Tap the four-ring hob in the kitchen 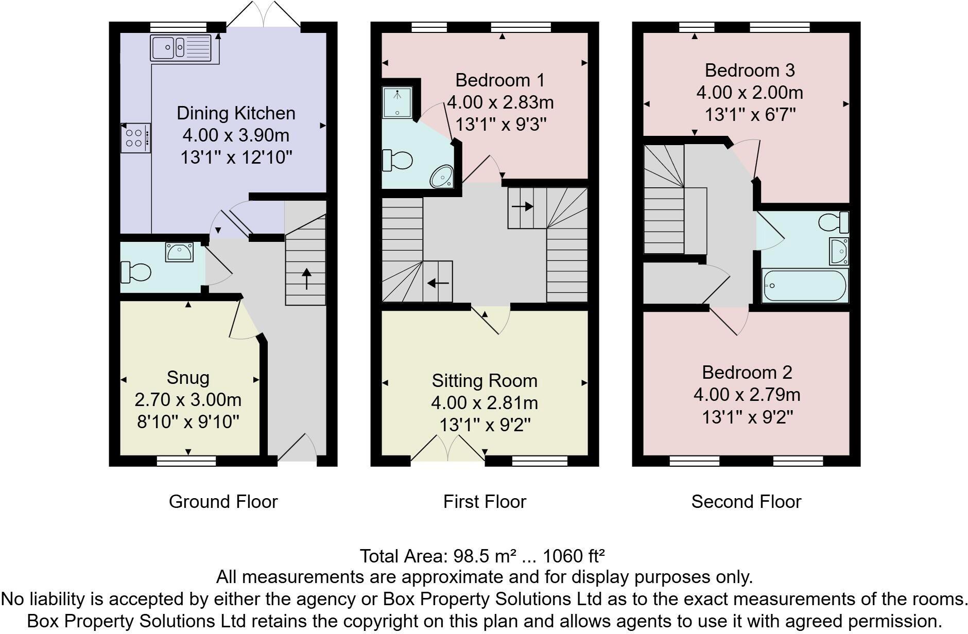[x=135, y=137]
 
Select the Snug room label [x=188, y=378]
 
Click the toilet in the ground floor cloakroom [x=135, y=272]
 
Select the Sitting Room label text [x=485, y=381]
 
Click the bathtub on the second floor [x=804, y=286]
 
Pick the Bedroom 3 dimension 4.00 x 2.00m [x=750, y=93]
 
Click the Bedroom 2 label [x=747, y=372]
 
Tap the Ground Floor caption [x=223, y=502]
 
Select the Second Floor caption [x=746, y=502]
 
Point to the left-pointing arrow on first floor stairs [x=438, y=283]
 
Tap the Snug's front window [x=186, y=461]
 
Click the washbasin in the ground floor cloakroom [x=179, y=252]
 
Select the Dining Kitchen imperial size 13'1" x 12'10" [x=236, y=157]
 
